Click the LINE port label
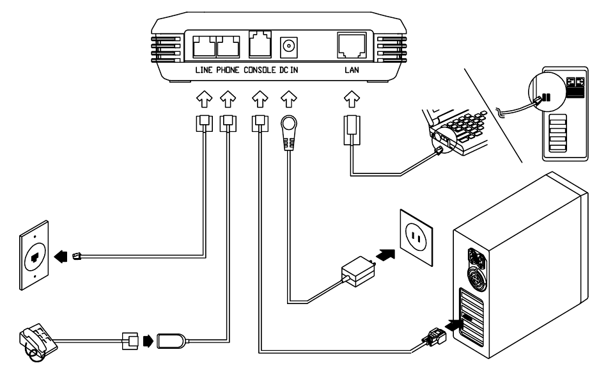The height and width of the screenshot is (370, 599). [204, 70]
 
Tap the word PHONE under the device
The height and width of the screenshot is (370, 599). [228, 70]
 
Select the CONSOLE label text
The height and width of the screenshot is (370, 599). [260, 70]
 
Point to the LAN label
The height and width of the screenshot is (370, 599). [352, 70]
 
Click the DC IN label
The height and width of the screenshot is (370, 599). [288, 70]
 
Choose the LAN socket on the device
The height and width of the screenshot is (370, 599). [352, 45]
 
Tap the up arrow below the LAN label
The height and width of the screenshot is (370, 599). [352, 99]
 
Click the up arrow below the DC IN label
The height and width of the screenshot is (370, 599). [288, 99]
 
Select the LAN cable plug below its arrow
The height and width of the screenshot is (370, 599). [352, 130]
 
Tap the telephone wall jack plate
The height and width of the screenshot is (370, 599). [34, 255]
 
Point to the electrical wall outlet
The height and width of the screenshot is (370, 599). [416, 237]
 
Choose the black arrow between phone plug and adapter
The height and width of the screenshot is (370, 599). [148, 341]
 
